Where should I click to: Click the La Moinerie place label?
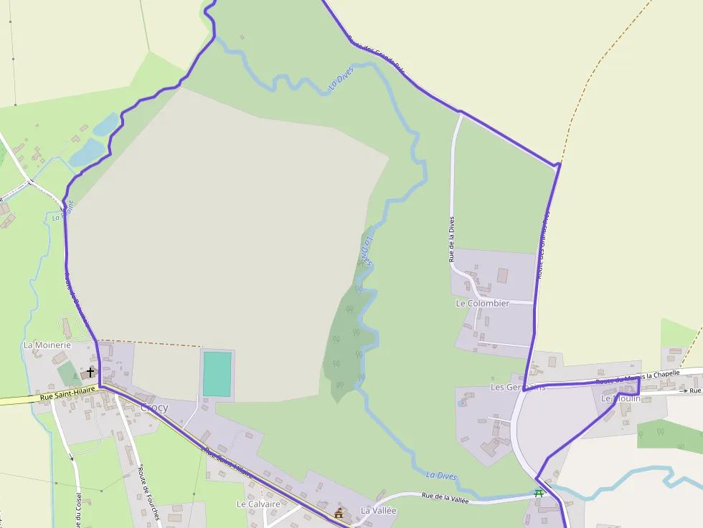(x=47, y=345)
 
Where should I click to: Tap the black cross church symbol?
(x=90, y=372)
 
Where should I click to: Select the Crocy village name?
(x=154, y=408)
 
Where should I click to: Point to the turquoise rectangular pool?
(x=217, y=373)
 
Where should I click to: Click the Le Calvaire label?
(x=258, y=504)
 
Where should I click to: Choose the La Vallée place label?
(x=378, y=511)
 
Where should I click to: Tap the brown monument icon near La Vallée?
(x=339, y=513)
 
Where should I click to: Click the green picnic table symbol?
(x=539, y=493)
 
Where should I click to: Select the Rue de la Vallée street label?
(x=445, y=498)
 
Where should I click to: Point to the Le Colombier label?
(x=482, y=303)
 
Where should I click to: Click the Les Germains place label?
(x=517, y=387)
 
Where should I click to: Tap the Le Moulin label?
(x=621, y=398)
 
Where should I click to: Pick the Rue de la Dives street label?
(x=452, y=239)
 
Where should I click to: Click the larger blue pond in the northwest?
(x=87, y=152)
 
